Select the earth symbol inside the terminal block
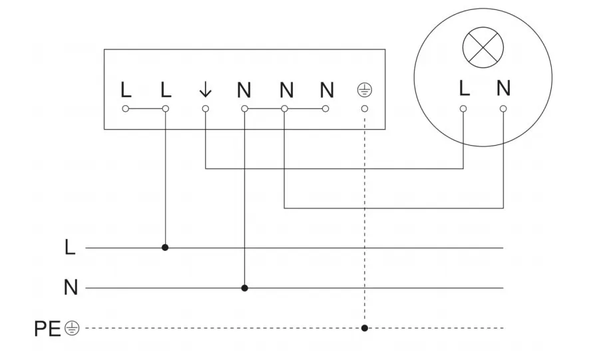click(364, 89)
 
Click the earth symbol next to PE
click(73, 327)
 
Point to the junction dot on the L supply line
click(165, 248)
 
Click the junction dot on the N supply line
click(245, 288)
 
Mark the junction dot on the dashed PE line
click(364, 328)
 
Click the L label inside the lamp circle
click(464, 88)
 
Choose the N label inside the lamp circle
click(503, 88)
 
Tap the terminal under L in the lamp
click(464, 108)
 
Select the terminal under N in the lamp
click(503, 108)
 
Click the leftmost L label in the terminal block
click(126, 89)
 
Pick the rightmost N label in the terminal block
click(325, 89)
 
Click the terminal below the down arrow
click(205, 108)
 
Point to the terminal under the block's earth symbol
click(364, 108)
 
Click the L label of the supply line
click(71, 248)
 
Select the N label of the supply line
click(71, 288)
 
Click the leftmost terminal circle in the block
click(126, 108)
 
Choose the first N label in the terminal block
click(245, 89)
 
